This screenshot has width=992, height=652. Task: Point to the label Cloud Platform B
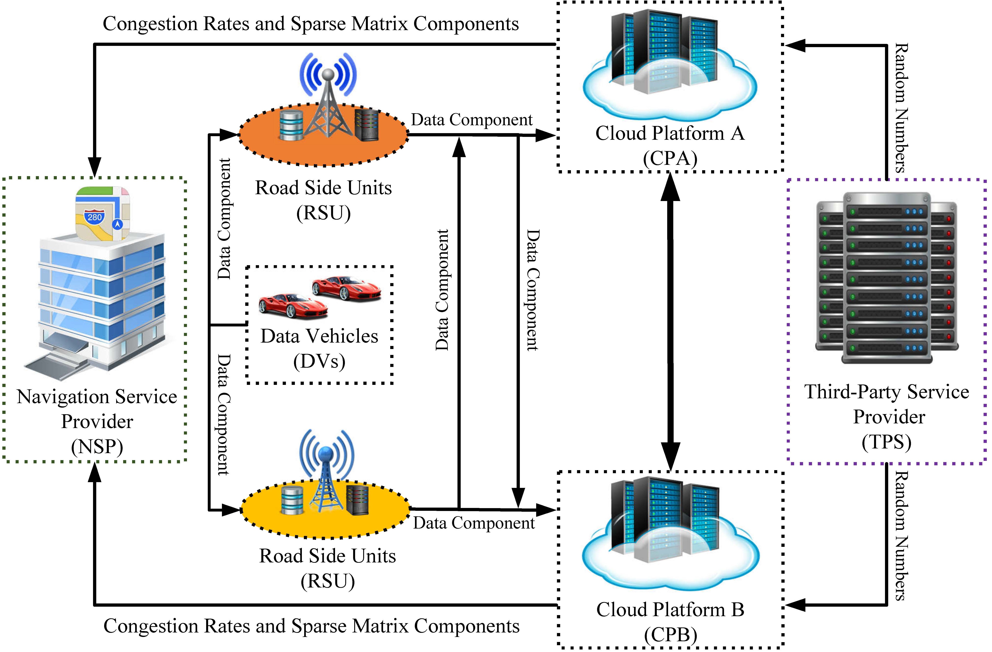tap(670, 610)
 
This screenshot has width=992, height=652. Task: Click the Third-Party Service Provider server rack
tap(887, 278)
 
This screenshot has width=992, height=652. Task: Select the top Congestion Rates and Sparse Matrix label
tap(310, 24)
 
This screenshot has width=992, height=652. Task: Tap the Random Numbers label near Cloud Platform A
tap(901, 108)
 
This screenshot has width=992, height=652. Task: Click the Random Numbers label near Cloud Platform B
tap(901, 535)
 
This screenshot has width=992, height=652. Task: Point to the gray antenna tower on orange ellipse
tap(328, 104)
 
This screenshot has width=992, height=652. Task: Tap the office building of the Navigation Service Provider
tap(100, 300)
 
